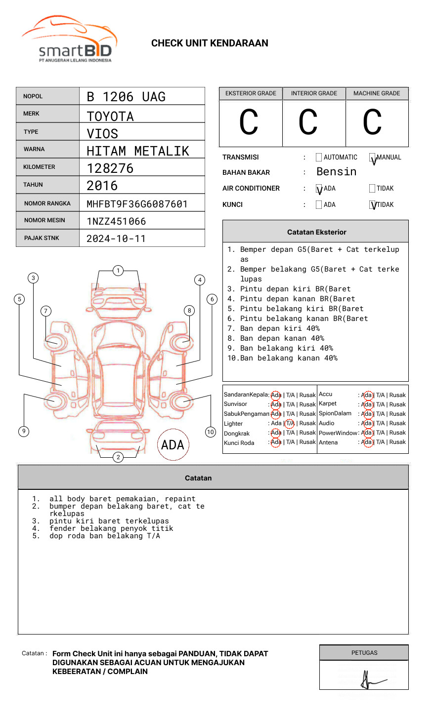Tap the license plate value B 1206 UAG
[126, 97]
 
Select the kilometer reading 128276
[110, 168]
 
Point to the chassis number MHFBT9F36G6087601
[137, 204]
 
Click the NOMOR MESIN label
[44, 220]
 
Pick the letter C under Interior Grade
[308, 123]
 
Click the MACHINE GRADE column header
[377, 93]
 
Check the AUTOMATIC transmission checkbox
[319, 158]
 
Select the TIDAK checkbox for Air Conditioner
[372, 188]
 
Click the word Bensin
[336, 172]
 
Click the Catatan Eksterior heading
[316, 232]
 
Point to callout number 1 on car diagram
[118, 271]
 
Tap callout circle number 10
[211, 432]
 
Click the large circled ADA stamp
[173, 445]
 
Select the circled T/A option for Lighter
[290, 423]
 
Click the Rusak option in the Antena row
[397, 442]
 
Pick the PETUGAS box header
[364, 653]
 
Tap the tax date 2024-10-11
[116, 239]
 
